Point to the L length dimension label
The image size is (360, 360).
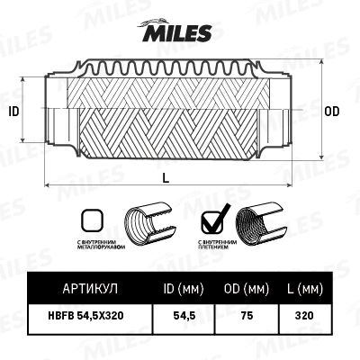coord(166,177)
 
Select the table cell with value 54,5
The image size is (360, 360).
coord(184,317)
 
